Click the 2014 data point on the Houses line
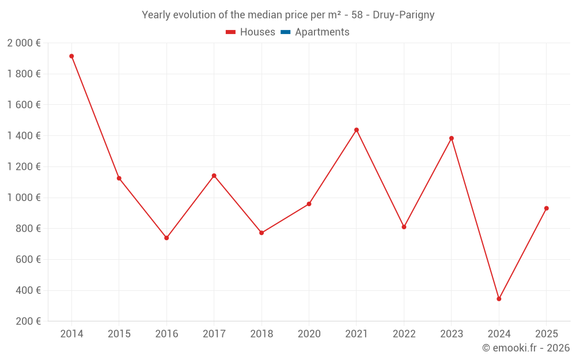pyautogui.click(x=71, y=56)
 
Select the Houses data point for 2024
pyautogui.click(x=499, y=299)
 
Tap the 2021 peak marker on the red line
pyautogui.click(x=357, y=130)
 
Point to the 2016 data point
pyautogui.click(x=166, y=238)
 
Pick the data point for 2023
pyautogui.click(x=452, y=138)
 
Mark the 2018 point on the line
pyautogui.click(x=262, y=233)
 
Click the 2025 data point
pyautogui.click(x=546, y=209)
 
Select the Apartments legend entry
pyautogui.click(x=321, y=32)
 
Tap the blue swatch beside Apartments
pyautogui.click(x=285, y=32)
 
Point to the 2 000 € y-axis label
pyautogui.click(x=24, y=43)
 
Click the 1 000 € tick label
pyautogui.click(x=24, y=198)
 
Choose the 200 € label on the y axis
pyautogui.click(x=28, y=321)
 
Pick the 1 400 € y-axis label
pyautogui.click(x=24, y=136)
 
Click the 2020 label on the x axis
pyautogui.click(x=309, y=334)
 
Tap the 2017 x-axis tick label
pyautogui.click(x=214, y=334)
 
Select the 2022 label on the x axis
pyautogui.click(x=404, y=334)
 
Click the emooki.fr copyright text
pyautogui.click(x=525, y=348)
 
